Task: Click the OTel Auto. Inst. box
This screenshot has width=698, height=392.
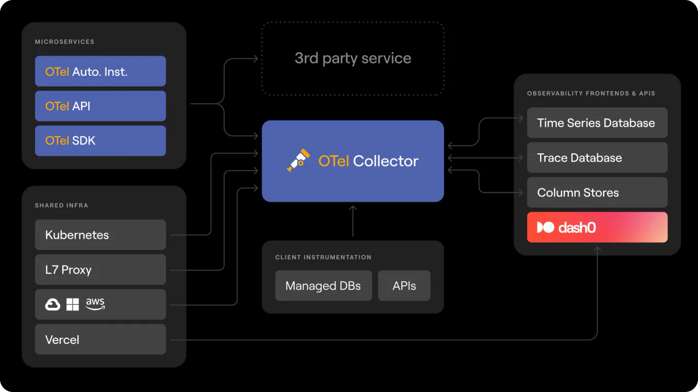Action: click(100, 71)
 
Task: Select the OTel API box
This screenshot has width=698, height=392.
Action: click(100, 106)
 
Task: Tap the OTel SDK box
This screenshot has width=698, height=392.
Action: click(100, 140)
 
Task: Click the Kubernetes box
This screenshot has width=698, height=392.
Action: click(100, 235)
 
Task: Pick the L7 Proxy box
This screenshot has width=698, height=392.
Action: click(100, 270)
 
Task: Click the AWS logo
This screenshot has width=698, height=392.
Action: click(95, 303)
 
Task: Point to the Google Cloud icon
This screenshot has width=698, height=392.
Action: click(53, 304)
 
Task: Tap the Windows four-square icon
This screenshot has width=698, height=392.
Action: click(73, 304)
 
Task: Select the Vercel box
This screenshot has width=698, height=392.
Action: click(100, 339)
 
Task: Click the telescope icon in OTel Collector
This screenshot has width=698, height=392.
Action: click(299, 160)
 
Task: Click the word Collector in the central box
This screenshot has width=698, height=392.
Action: click(385, 161)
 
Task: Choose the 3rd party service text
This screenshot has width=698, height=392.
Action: click(353, 58)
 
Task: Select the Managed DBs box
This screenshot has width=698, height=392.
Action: click(323, 286)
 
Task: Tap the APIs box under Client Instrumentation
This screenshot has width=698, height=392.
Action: click(404, 286)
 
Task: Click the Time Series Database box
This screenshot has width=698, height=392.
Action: click(597, 123)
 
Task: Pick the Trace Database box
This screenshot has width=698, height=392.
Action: click(597, 158)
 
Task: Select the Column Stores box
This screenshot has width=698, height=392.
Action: click(597, 193)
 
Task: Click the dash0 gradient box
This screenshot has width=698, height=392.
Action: click(597, 227)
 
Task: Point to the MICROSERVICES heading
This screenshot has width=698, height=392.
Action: click(65, 42)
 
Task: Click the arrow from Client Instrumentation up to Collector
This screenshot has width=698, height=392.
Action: click(353, 221)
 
